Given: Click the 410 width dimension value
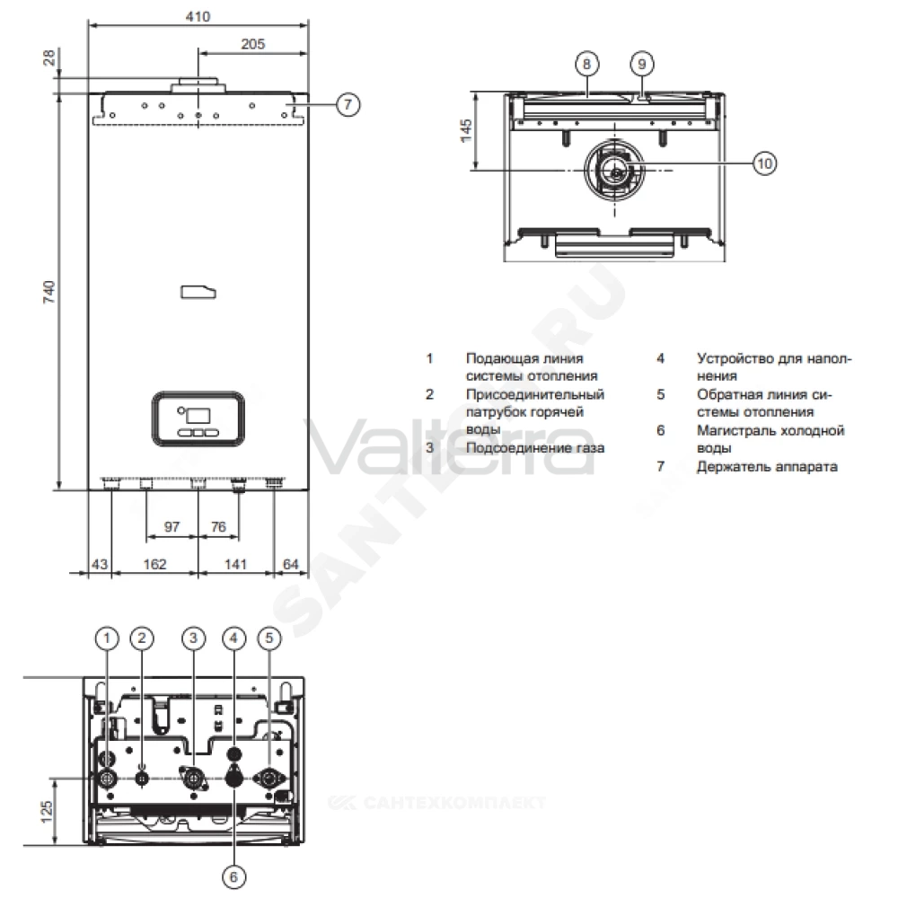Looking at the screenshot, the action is pyautogui.click(x=198, y=16).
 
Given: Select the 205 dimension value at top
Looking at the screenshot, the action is pyautogui.click(x=253, y=44).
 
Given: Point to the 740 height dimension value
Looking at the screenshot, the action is pyautogui.click(x=49, y=292).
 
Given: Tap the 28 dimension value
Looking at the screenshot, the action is pyautogui.click(x=49, y=57).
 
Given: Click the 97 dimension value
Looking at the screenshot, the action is pyautogui.click(x=172, y=526).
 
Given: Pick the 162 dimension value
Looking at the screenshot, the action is pyautogui.click(x=154, y=564).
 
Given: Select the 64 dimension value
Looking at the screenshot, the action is pyautogui.click(x=291, y=564).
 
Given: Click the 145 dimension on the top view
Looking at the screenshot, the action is pyautogui.click(x=466, y=130).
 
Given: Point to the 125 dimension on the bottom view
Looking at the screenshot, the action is pyautogui.click(x=47, y=812).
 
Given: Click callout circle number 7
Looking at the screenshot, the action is pyautogui.click(x=348, y=105).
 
